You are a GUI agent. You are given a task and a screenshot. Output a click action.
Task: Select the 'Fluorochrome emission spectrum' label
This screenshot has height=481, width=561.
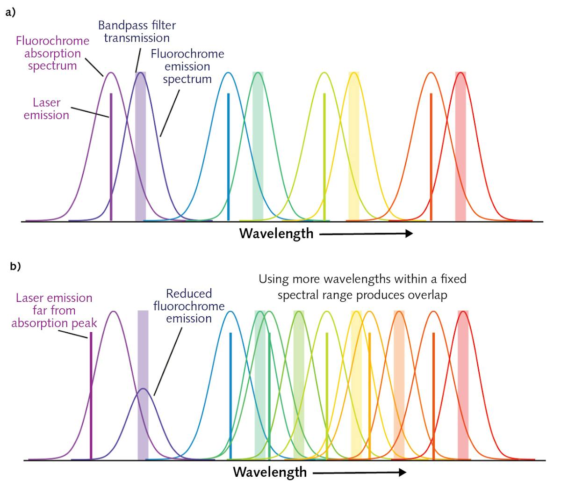(187, 66)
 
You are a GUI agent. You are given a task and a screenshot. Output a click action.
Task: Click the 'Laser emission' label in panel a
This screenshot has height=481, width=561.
(46, 109)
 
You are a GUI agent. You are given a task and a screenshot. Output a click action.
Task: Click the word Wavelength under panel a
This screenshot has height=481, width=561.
(276, 233)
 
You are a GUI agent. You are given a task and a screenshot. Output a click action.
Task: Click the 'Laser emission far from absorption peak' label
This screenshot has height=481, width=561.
(54, 310)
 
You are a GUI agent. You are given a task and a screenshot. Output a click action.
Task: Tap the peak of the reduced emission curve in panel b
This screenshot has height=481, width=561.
(144, 389)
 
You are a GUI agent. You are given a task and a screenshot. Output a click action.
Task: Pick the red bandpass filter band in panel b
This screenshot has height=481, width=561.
(463, 384)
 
